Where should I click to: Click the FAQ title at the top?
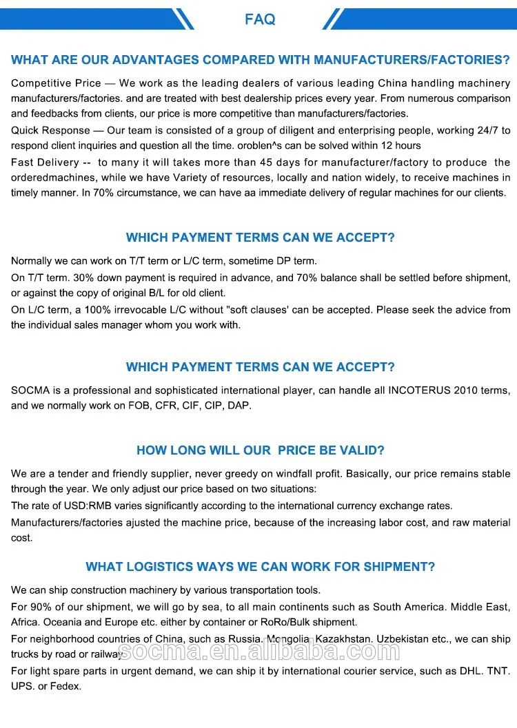tap(259, 19)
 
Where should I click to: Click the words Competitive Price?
tap(54, 83)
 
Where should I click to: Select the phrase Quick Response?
tap(50, 130)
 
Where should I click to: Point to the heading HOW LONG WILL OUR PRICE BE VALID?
tap(261, 450)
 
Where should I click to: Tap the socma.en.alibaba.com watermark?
tap(259, 650)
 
